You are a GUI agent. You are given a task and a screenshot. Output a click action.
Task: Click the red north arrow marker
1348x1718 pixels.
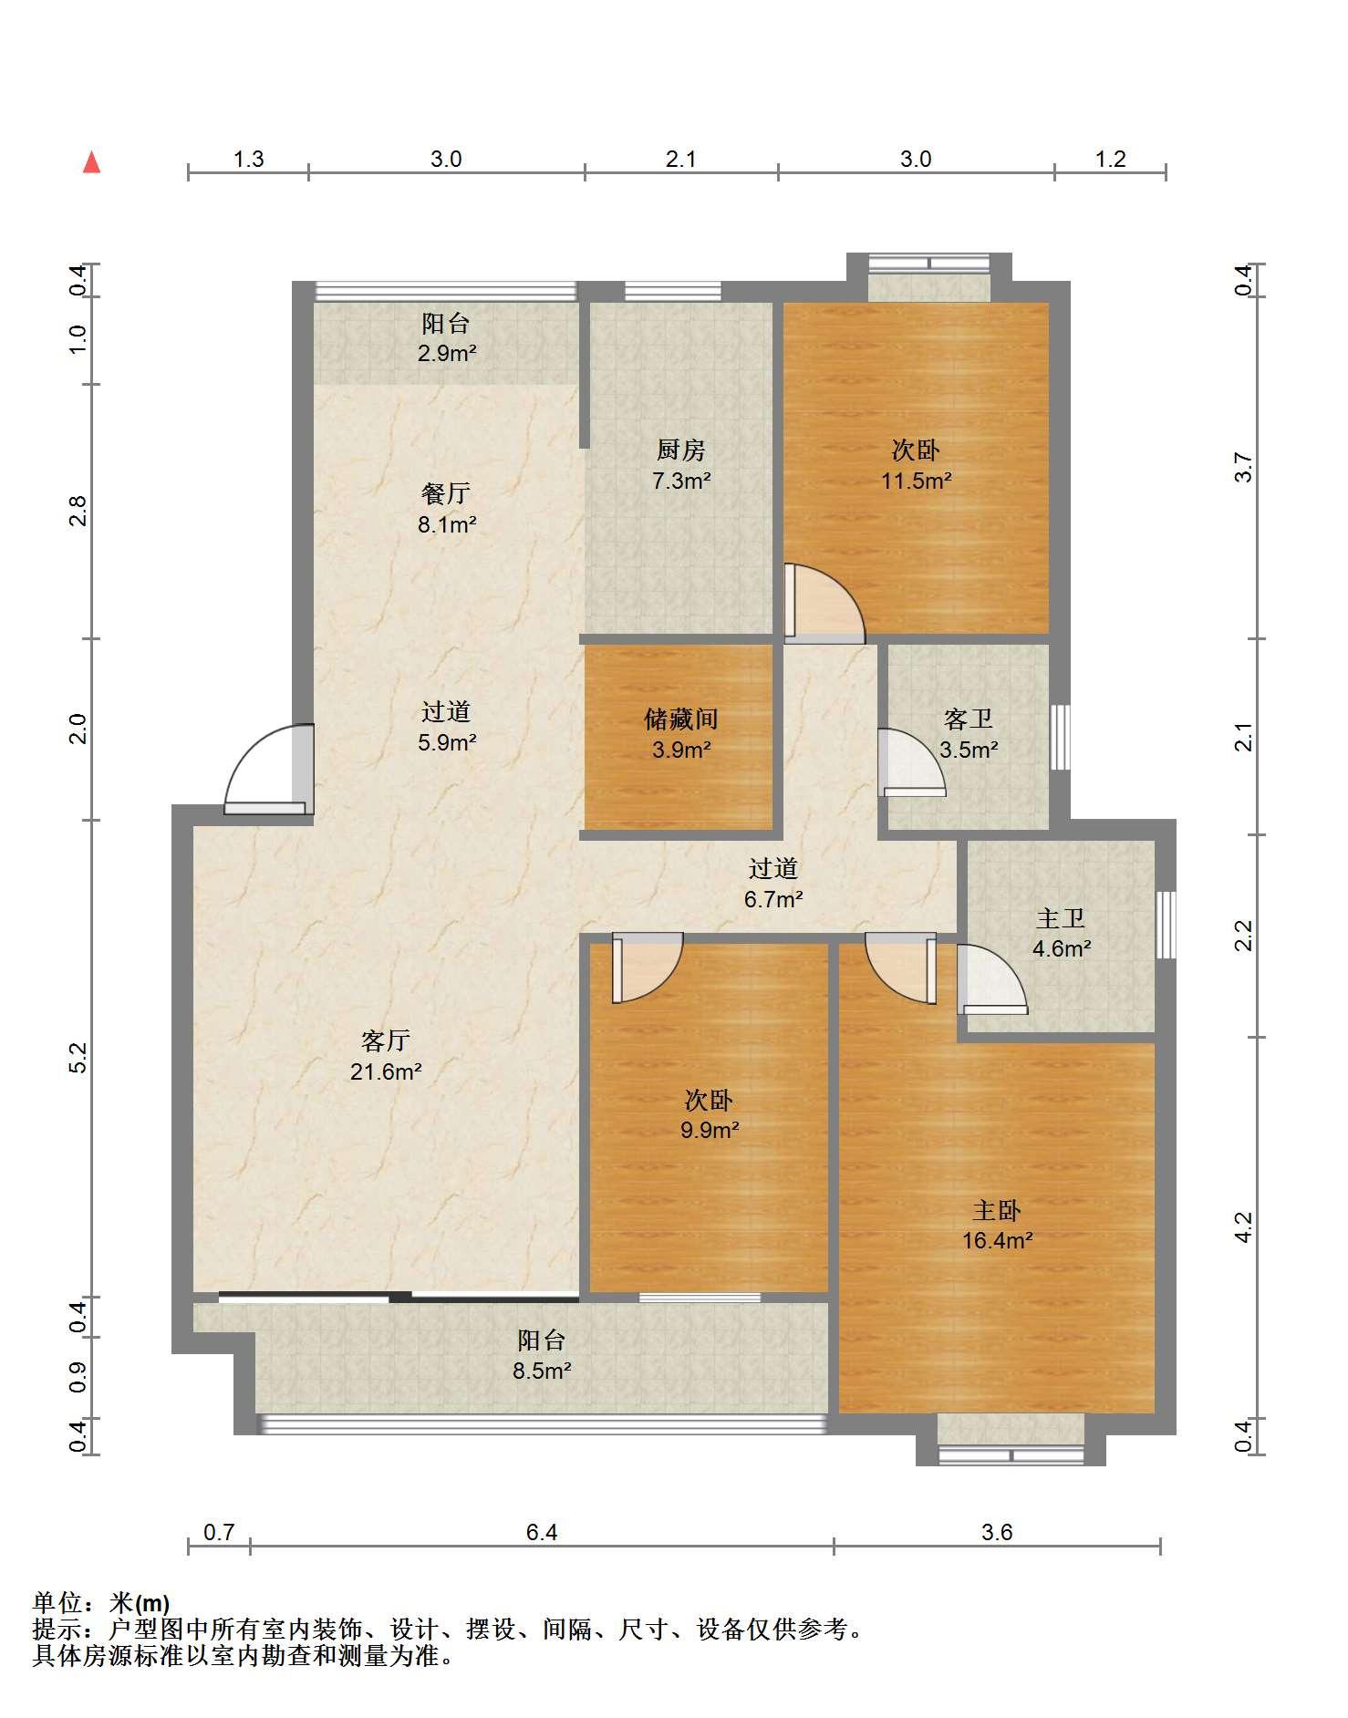tap(91, 162)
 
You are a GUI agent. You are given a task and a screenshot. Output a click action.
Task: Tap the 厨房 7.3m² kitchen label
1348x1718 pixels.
tap(681, 465)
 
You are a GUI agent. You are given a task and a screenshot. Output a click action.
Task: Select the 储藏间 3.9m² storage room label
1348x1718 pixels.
tap(681, 734)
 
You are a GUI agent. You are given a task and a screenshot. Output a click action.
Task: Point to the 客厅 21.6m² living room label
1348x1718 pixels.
tap(386, 1056)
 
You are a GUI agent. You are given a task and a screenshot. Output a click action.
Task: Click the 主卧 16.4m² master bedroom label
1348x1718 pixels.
tap(997, 1225)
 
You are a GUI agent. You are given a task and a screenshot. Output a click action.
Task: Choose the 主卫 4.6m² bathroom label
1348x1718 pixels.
tap(1062, 933)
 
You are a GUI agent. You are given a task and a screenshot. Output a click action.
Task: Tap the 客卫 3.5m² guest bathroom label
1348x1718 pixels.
tap(969, 734)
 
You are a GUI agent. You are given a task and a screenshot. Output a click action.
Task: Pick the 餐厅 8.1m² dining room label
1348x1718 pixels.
tap(447, 509)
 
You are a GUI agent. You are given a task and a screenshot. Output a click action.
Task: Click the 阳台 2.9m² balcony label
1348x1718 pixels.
tap(447, 337)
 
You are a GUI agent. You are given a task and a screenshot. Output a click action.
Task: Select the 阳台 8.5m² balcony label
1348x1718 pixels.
tap(542, 1355)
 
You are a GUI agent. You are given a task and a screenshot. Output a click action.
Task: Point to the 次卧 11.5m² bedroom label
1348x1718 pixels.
tap(917, 465)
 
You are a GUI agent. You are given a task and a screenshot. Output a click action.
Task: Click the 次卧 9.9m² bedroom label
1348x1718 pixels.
tap(709, 1115)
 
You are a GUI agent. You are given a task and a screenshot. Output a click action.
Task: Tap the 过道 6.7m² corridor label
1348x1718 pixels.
tap(773, 884)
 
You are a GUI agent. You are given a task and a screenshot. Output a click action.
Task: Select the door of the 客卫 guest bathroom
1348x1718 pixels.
tap(912, 762)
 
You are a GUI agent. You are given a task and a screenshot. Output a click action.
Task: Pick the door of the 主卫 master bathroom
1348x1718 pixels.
tap(992, 979)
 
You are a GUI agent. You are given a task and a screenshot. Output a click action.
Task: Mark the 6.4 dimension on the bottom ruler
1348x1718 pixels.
tap(542, 1533)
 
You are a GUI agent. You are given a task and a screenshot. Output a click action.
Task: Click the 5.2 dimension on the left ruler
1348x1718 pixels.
tap(78, 1058)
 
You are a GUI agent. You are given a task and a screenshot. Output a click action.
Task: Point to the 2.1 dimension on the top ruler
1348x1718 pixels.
tap(680, 160)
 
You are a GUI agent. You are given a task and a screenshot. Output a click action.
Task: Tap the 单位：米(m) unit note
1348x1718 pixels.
tap(101, 1602)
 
